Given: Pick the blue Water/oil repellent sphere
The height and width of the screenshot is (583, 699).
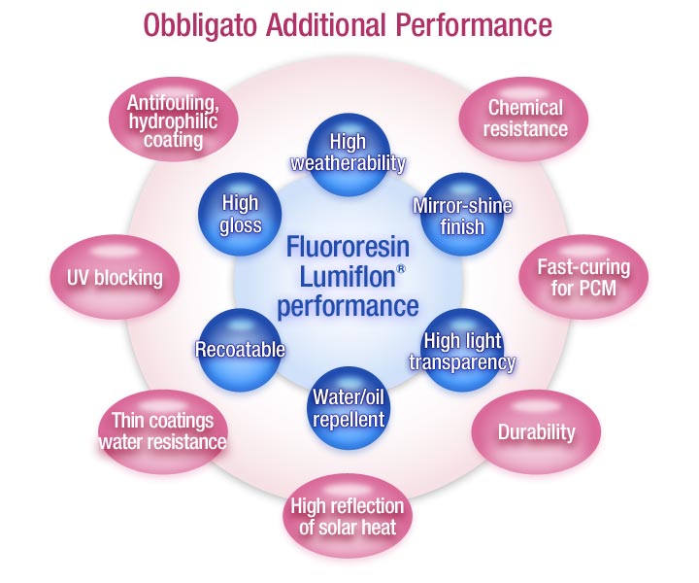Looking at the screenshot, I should pos(349,409).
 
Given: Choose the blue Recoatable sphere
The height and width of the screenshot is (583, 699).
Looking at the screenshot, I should pos(240,349).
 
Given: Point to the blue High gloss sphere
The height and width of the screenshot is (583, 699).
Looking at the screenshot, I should pos(240,214).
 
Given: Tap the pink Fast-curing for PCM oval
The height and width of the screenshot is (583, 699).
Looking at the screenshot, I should pos(582,278).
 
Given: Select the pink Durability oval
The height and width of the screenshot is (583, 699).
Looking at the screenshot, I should pos(536,431).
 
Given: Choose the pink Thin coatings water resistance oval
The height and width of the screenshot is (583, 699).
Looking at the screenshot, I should pos(162,431).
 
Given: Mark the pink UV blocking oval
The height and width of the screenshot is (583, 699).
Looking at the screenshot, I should pos(107,278).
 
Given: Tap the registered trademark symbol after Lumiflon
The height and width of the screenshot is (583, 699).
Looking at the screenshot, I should pos(401,267).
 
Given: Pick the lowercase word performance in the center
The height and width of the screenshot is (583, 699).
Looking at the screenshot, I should pos(347,308).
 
